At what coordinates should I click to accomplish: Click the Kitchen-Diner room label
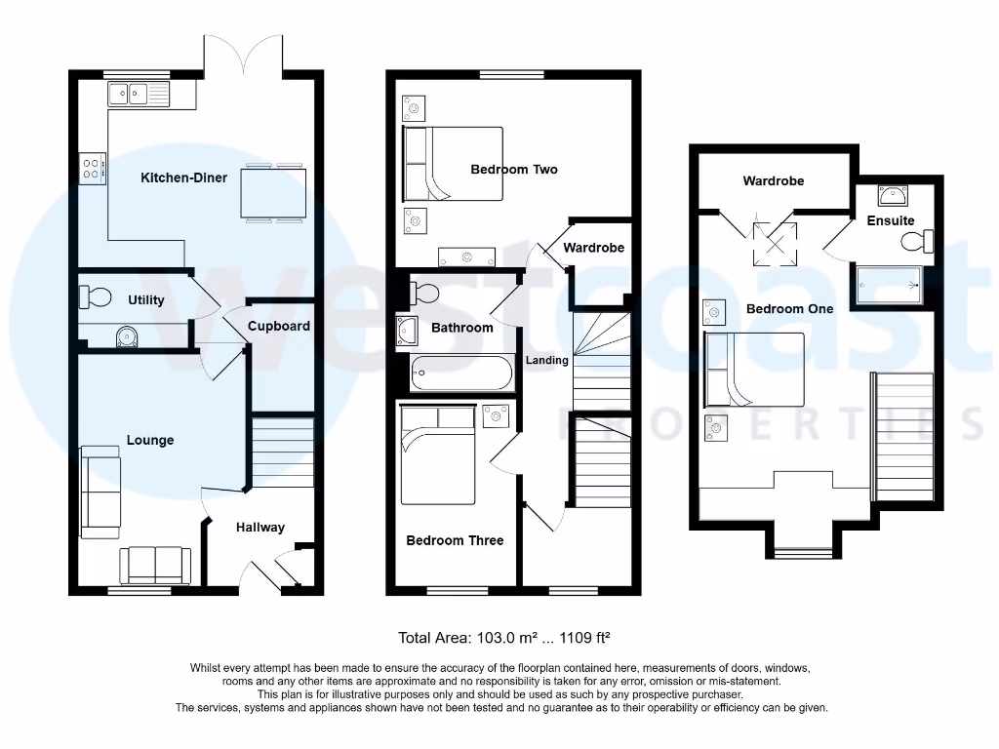tap(184, 177)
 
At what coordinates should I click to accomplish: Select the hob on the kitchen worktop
tap(94, 168)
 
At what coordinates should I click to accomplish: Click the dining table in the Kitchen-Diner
tap(273, 193)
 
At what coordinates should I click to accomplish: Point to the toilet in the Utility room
tap(97, 296)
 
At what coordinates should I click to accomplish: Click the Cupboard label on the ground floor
tap(278, 326)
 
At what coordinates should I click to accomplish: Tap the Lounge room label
tap(150, 440)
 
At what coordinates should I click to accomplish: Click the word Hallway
tap(260, 527)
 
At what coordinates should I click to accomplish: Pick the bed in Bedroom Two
tap(453, 164)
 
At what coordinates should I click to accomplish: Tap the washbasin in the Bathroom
tap(407, 332)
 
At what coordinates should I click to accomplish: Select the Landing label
tap(546, 360)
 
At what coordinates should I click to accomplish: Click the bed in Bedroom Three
tap(437, 455)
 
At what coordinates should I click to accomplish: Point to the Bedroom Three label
tap(455, 540)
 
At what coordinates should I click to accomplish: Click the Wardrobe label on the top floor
tap(773, 180)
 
